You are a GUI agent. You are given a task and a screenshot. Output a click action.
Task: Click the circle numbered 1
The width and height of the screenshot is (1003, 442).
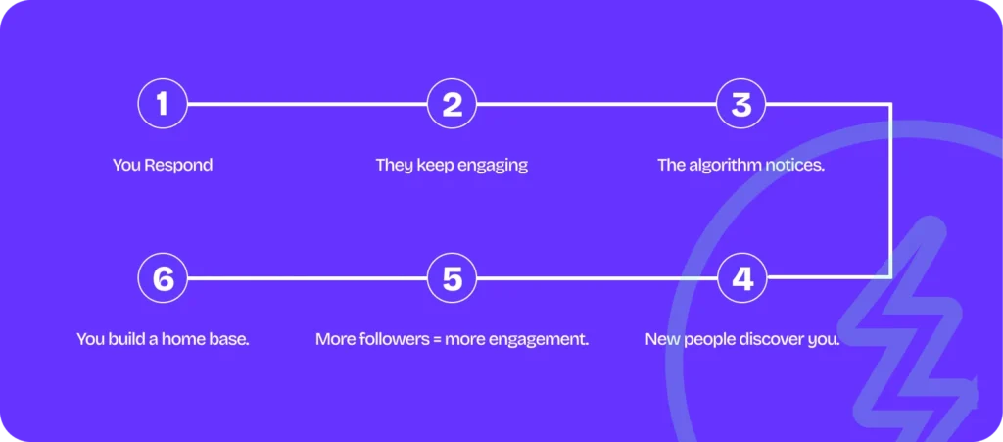click(163, 104)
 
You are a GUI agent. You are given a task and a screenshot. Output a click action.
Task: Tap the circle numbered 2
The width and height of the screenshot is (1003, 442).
click(452, 104)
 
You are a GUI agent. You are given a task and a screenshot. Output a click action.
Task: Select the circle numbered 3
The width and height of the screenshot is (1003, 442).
click(741, 104)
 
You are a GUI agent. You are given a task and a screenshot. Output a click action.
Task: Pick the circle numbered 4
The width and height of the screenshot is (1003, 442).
click(741, 278)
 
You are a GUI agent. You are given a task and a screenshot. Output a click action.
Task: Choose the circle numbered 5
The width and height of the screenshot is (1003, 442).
click(452, 278)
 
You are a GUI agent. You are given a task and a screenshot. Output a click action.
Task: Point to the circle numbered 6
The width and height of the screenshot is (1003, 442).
click(163, 278)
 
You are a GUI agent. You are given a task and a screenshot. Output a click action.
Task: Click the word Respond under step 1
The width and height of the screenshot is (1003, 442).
click(178, 165)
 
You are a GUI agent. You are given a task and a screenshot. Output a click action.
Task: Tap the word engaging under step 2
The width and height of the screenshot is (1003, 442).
click(494, 165)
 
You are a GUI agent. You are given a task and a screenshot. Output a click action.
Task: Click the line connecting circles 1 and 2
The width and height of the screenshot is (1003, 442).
click(307, 104)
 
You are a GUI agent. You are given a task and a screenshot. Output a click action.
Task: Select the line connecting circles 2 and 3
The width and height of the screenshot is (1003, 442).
click(597, 104)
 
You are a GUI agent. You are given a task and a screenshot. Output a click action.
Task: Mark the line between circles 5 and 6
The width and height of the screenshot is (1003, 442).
click(307, 278)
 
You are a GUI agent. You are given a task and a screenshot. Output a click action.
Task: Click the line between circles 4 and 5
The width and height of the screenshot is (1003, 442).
click(597, 278)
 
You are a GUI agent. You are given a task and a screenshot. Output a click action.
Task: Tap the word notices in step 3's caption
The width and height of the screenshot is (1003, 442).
click(794, 165)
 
